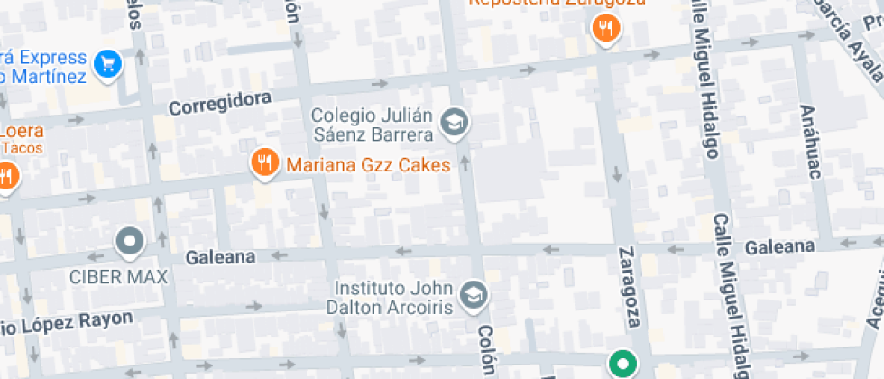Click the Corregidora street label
pyautogui.click(x=220, y=104)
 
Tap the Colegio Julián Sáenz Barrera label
pyautogui.click(x=372, y=125)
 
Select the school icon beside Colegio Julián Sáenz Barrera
pyautogui.click(x=455, y=124)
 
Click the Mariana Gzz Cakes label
pyautogui.click(x=368, y=165)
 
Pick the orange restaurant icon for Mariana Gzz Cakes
pyautogui.click(x=263, y=163)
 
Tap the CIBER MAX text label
pyautogui.click(x=119, y=276)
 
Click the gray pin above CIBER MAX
pyautogui.click(x=132, y=242)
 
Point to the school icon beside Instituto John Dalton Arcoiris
pyautogui.click(x=474, y=294)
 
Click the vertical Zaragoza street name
pyautogui.click(x=631, y=286)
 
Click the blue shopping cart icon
pyautogui.click(x=109, y=63)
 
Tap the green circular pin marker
pyautogui.click(x=621, y=365)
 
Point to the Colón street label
pyautogui.click(x=487, y=350)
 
